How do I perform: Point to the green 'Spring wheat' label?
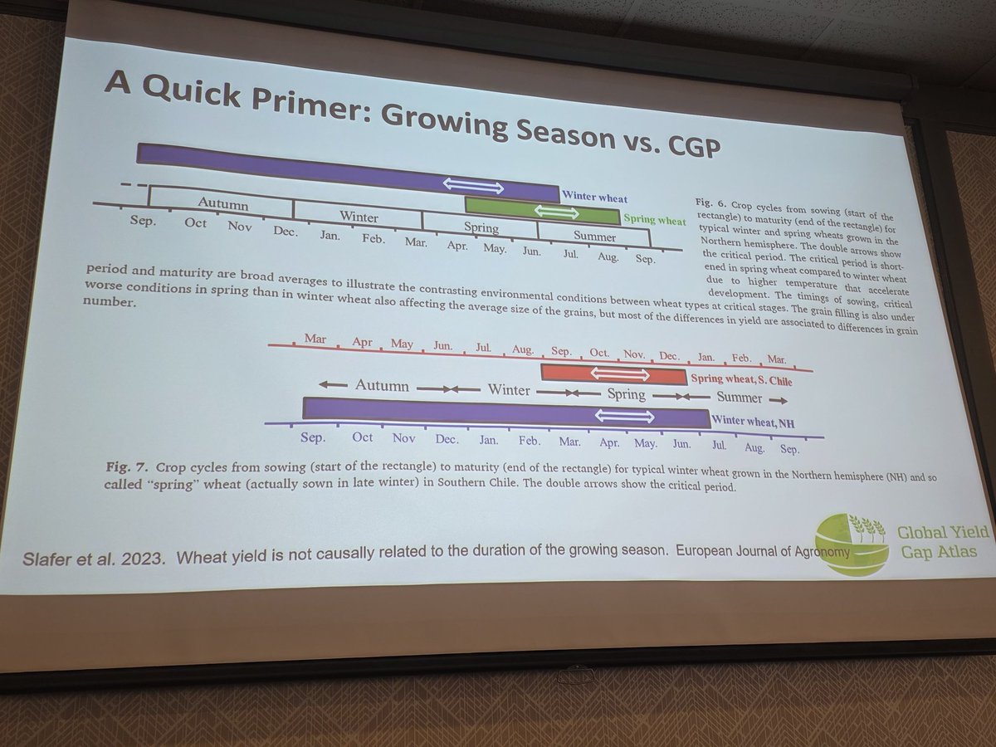point(655,221)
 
